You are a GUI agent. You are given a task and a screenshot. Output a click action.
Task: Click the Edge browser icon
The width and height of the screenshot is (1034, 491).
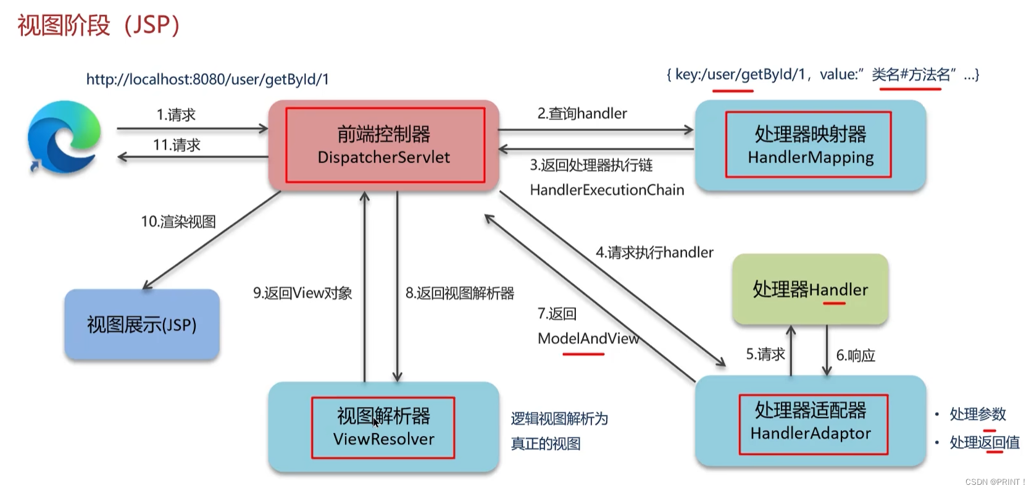point(64,136)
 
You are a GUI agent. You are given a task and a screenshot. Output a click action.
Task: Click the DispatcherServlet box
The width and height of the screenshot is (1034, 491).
point(383,145)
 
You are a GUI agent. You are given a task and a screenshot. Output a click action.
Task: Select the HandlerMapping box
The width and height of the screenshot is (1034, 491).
point(810,145)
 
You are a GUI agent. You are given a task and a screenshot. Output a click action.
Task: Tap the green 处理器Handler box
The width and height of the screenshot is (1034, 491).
point(810,289)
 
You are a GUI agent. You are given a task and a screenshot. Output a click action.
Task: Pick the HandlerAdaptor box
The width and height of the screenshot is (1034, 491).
point(810,421)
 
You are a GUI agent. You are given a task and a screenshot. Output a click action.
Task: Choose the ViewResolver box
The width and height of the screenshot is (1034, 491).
point(383,427)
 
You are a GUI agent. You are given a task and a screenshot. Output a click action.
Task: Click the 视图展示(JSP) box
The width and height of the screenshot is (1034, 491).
point(142,325)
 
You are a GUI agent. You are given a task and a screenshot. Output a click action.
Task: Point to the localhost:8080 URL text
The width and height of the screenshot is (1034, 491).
point(207,80)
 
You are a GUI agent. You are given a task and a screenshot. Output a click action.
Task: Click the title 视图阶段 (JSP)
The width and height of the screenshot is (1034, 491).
point(98,25)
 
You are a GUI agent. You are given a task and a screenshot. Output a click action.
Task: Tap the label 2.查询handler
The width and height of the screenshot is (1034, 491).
point(582,114)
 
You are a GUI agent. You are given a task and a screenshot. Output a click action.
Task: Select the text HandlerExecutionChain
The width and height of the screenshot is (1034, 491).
point(607,190)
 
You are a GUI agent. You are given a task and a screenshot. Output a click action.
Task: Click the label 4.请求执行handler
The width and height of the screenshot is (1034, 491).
point(654,253)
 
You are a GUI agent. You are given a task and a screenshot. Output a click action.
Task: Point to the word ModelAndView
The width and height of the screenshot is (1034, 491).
point(588,338)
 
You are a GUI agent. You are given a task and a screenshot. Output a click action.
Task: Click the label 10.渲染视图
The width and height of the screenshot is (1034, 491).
point(178,222)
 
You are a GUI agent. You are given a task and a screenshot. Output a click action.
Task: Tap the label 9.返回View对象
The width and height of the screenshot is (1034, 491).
point(302,293)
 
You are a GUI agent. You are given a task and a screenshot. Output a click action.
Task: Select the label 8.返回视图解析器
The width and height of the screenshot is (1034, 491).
point(460,293)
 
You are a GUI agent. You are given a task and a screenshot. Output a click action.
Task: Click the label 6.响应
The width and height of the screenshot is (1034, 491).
point(856,355)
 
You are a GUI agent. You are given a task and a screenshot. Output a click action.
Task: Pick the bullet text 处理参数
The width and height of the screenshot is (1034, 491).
point(978,414)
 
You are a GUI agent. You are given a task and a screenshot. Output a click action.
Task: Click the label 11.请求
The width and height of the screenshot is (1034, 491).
point(177,145)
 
